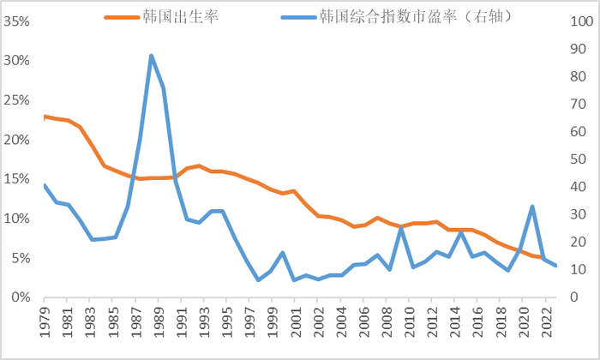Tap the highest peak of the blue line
151,56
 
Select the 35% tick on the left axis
19,21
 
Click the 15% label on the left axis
19,178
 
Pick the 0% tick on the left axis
22,297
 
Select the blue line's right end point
555,266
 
